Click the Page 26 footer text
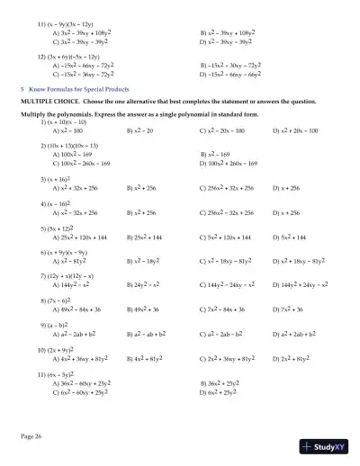click(31, 435)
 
